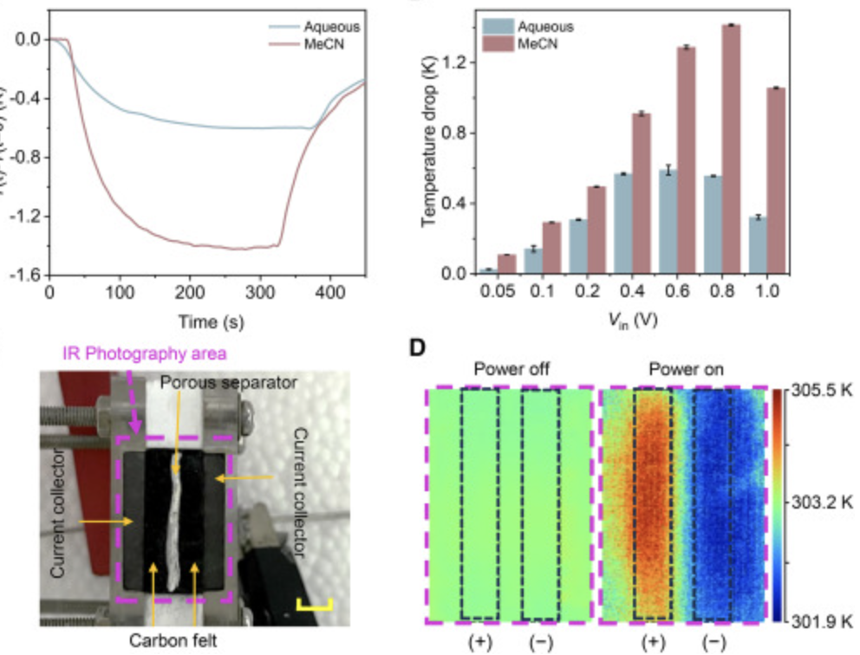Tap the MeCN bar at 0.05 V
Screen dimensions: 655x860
[x=506, y=264]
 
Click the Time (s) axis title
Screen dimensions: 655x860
[x=211, y=322]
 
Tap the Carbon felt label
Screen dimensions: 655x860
[x=173, y=642]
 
